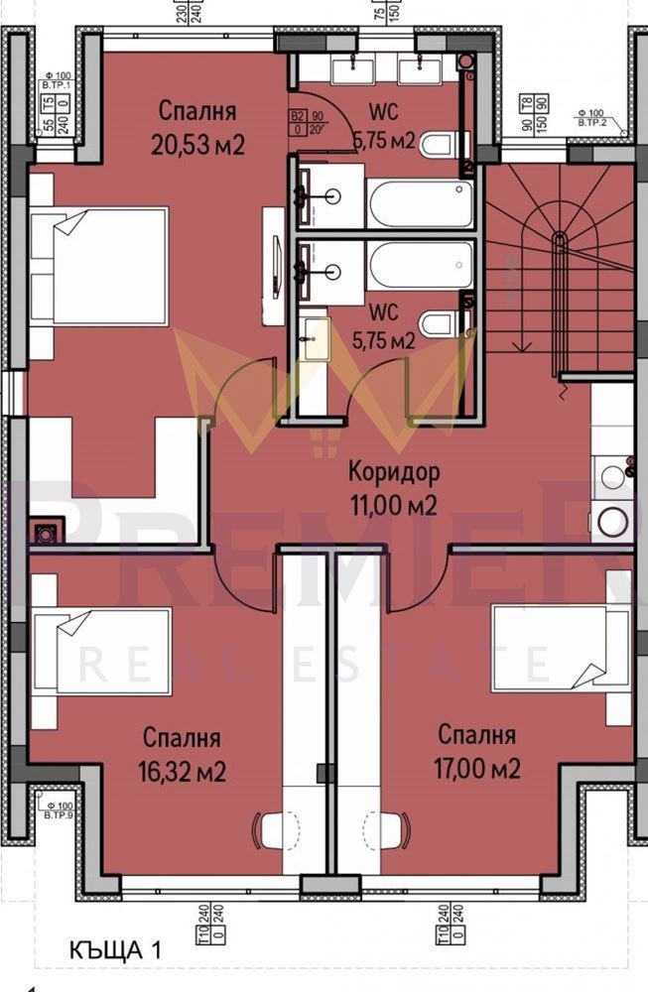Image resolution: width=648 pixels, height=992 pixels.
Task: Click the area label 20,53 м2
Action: point(197,145)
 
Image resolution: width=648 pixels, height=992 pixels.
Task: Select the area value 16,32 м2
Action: point(182,771)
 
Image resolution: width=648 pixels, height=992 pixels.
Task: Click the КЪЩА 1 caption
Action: point(115,949)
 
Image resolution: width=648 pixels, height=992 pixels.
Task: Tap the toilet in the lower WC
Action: point(438,323)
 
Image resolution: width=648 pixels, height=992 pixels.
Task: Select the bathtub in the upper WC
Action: point(421,203)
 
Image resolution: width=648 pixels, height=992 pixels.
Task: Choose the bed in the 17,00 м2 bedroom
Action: point(561,647)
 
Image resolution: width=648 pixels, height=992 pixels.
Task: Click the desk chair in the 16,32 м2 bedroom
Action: point(273,828)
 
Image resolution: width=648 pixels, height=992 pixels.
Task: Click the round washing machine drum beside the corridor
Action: point(612,520)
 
